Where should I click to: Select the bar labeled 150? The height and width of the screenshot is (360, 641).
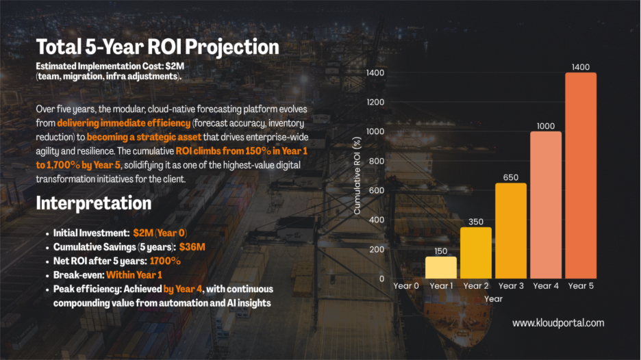(440, 267)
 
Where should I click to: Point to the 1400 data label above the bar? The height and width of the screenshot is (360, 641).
(580, 67)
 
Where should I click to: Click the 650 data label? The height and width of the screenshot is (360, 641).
(510, 177)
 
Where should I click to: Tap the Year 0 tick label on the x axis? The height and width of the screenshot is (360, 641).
(405, 286)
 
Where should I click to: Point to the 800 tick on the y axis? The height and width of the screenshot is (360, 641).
(376, 161)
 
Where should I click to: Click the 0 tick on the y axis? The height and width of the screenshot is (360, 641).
(381, 279)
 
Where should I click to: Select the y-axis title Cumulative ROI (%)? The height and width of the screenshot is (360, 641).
(357, 175)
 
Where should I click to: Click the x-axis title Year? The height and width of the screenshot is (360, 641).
(493, 299)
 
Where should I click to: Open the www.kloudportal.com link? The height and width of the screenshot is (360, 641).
(558, 322)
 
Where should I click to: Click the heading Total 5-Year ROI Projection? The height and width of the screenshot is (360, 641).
(158, 47)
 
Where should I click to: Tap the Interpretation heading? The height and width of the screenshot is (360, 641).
(93, 203)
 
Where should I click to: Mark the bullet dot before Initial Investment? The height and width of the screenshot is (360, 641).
(46, 233)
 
